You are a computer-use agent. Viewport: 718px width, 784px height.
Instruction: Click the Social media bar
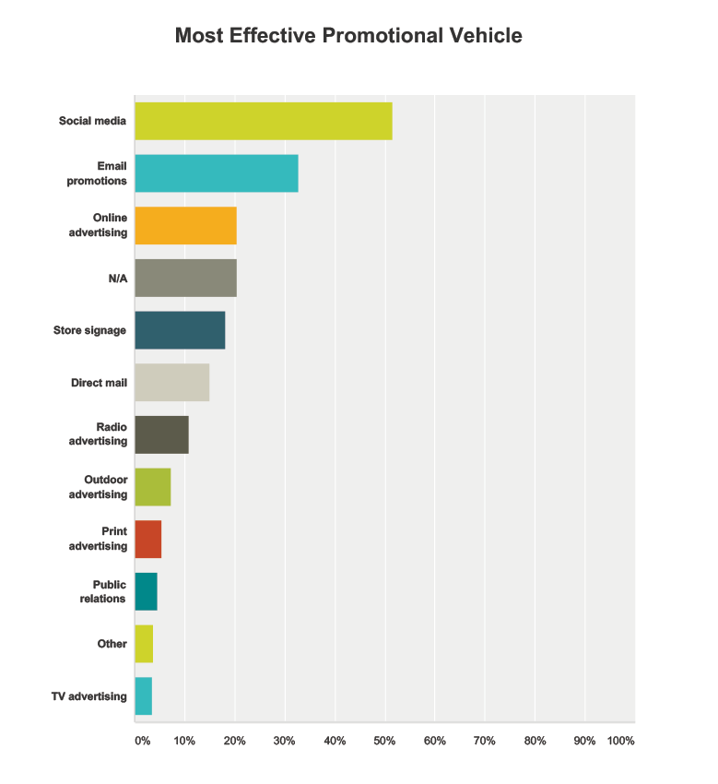(x=264, y=121)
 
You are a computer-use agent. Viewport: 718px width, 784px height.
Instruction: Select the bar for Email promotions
(x=217, y=173)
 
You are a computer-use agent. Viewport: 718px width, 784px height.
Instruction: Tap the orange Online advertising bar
(x=185, y=226)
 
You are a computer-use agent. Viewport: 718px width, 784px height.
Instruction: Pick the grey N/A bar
(x=185, y=278)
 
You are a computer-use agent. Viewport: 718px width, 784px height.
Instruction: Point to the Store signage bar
(x=180, y=330)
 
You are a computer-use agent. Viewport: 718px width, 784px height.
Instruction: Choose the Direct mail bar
(x=172, y=383)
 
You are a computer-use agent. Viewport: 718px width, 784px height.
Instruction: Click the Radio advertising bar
(x=161, y=434)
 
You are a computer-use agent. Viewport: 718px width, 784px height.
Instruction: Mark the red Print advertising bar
(x=148, y=540)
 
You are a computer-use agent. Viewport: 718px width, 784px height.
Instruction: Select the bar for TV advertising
(x=144, y=696)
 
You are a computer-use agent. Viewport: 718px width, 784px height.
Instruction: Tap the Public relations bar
(x=146, y=591)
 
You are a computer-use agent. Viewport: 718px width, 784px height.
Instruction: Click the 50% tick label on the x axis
(x=384, y=741)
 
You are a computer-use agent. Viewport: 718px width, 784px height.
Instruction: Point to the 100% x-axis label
(x=620, y=741)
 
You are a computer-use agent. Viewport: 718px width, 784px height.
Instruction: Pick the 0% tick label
(x=142, y=741)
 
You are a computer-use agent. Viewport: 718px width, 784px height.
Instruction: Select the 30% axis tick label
(x=284, y=741)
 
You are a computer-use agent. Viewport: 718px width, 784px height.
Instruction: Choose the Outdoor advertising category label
(x=98, y=487)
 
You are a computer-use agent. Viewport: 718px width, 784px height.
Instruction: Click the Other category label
(x=112, y=644)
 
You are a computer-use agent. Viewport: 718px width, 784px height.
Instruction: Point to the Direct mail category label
(x=99, y=383)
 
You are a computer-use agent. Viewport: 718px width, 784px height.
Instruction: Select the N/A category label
(x=117, y=278)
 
